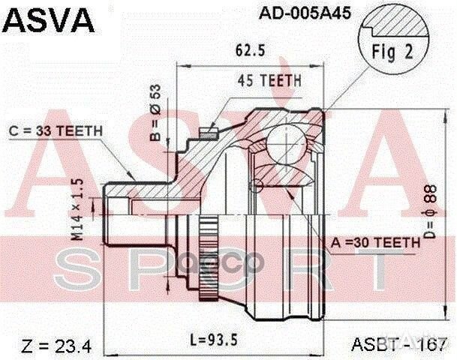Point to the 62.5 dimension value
click(x=248, y=53)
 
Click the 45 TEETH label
click(x=269, y=80)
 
